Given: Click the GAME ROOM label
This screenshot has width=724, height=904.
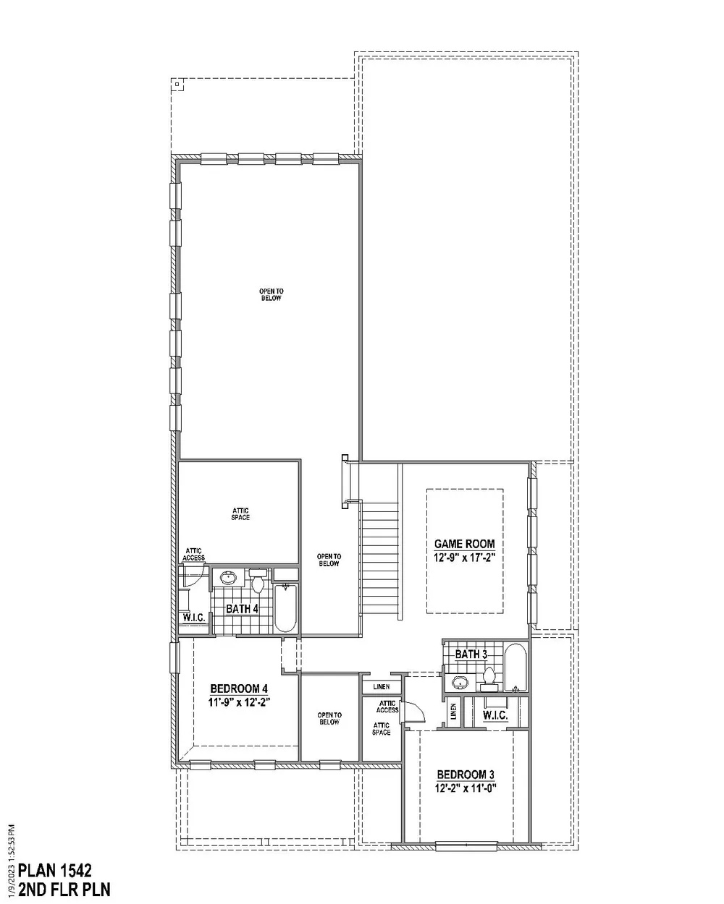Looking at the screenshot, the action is pos(464,544).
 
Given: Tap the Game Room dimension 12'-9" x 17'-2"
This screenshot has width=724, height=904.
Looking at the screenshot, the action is pos(464,558).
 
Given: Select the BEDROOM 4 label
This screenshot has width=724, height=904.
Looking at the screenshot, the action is pos(239,688).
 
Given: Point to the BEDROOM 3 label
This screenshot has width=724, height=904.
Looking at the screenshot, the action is pos(466,775).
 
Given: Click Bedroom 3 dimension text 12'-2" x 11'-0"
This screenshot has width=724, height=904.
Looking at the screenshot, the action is pos(466,788).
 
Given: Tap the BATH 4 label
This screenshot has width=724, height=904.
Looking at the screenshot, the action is pos(242,609).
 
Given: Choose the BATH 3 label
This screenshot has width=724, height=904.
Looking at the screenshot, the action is pos(471,654).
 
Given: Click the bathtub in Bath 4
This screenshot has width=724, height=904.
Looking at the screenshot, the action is pos(286,607).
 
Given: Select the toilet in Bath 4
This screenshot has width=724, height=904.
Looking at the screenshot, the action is pos(258,580).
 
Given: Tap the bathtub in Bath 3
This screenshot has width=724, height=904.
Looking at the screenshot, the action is pos(515,668).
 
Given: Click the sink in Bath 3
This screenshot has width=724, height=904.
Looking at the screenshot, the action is pos(460,682).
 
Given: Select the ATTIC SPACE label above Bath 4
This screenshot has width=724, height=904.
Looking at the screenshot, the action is pos(240,514).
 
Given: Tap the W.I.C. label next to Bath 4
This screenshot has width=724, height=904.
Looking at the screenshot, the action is pos(194,618).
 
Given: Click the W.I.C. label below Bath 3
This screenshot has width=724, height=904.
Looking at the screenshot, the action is pos(495,715).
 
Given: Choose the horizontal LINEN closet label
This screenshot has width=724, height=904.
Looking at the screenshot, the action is pos(381,687).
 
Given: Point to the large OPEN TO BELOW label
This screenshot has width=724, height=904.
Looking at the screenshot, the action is pos(271,294).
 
